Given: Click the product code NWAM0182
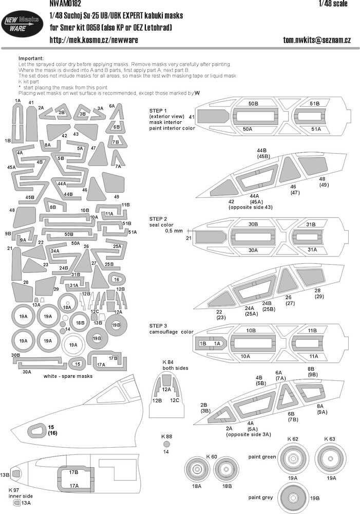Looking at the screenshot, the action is [x=65, y=4].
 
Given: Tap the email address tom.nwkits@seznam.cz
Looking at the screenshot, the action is [x=317, y=40].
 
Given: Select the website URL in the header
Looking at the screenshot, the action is [x=93, y=40].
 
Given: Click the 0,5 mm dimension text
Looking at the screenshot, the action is [x=174, y=231].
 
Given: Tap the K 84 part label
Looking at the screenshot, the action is [x=168, y=362].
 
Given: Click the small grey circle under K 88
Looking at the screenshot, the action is [x=166, y=445].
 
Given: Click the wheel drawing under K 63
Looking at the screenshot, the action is [x=330, y=458].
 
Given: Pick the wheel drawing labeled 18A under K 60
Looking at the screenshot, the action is [x=197, y=469].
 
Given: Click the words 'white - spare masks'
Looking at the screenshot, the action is [x=68, y=376].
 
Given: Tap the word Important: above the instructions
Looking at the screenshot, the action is [x=31, y=59].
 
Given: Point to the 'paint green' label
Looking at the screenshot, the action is [x=262, y=456].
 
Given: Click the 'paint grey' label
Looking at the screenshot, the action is [x=260, y=497].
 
